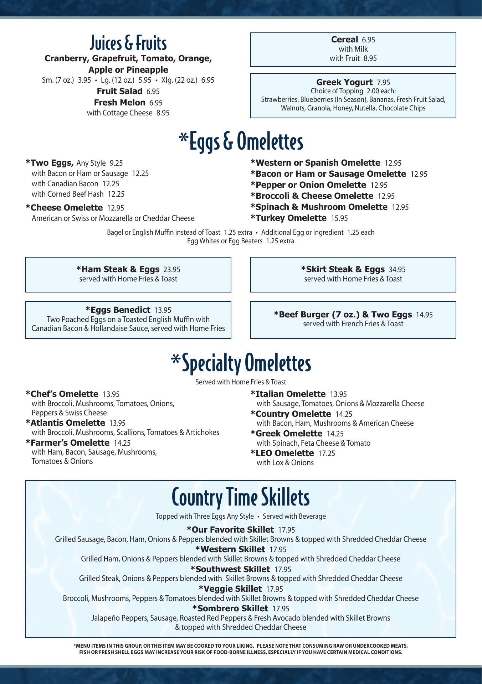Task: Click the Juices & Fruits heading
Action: pyautogui.click(x=128, y=43)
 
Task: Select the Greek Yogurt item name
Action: pyautogui.click(x=344, y=82)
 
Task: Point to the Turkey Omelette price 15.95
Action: pyautogui.click(x=339, y=218)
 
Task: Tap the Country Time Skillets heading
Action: pyautogui.click(x=241, y=497)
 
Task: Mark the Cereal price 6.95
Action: pyautogui.click(x=368, y=40)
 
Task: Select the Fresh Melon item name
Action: pyautogui.click(x=120, y=103)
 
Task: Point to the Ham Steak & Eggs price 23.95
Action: pyautogui.click(x=171, y=270)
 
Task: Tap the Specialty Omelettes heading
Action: pyautogui.click(x=241, y=363)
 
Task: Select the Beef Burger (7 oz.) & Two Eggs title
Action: pyautogui.click(x=343, y=315)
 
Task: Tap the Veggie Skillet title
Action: pyautogui.click(x=230, y=589)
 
